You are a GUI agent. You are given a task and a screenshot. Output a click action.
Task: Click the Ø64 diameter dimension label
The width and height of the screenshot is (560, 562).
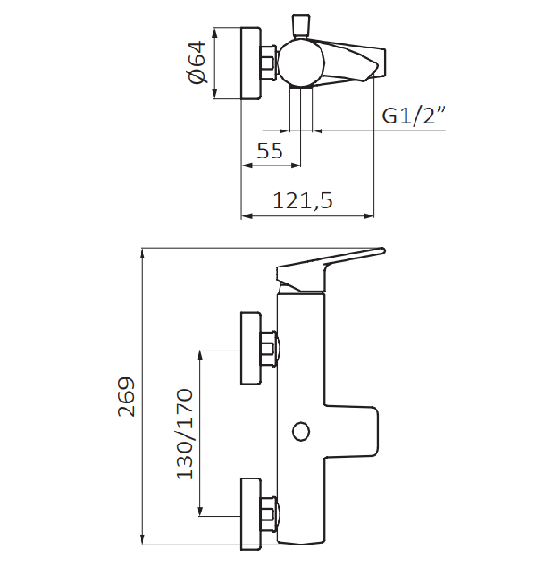click(197, 62)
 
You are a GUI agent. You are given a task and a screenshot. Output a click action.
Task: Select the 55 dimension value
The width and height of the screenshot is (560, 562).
click(270, 150)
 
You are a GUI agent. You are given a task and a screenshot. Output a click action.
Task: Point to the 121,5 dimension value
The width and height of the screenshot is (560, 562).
click(303, 200)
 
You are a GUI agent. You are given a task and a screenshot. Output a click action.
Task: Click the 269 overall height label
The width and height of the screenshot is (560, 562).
click(127, 396)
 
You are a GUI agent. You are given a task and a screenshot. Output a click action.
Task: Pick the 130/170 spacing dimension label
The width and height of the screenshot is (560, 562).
click(184, 433)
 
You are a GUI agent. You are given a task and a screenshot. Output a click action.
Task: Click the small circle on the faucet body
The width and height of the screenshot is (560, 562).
click(301, 432)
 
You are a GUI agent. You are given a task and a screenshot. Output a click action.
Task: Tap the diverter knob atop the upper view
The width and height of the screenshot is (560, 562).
click(301, 26)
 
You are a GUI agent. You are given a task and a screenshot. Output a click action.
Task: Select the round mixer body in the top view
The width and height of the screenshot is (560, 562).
click(301, 63)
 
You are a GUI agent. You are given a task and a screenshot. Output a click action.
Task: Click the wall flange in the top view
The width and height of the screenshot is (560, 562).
click(252, 63)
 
